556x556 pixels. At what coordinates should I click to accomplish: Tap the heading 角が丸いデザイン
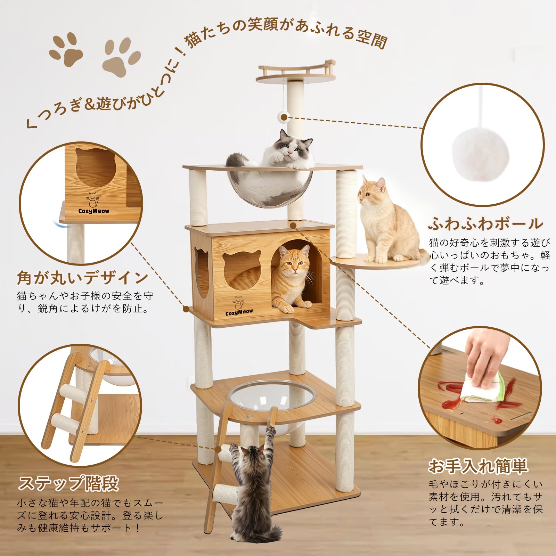(x=83, y=278)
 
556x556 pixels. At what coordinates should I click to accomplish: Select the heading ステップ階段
(x=68, y=483)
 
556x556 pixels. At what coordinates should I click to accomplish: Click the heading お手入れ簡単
(x=478, y=466)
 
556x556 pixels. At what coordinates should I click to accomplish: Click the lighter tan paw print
(x=121, y=57)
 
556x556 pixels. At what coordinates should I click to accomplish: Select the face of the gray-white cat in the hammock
(x=291, y=148)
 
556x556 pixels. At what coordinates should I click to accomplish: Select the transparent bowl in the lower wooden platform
(x=272, y=396)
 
